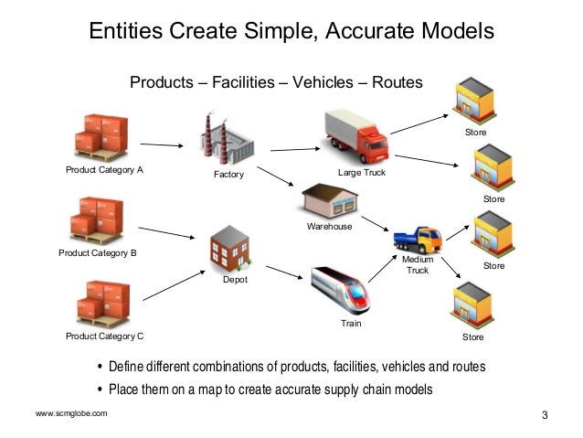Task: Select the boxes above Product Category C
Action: tap(103, 303)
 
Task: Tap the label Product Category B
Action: tap(98, 252)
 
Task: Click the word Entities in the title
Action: tap(125, 31)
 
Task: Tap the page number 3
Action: tap(545, 416)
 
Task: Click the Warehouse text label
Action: tap(329, 227)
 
